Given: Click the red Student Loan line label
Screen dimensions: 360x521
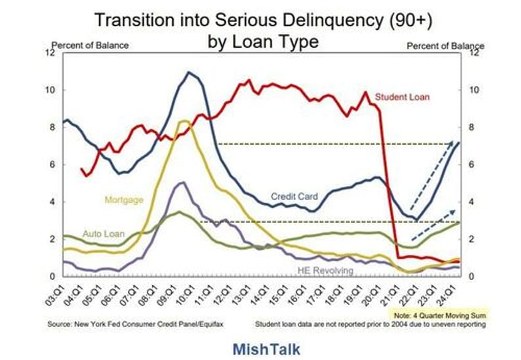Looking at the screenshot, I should click(402, 97).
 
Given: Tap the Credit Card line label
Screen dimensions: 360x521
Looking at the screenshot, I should click(295, 197).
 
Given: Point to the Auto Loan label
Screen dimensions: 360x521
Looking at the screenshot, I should click(103, 234).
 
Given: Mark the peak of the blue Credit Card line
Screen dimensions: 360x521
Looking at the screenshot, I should click(189, 72).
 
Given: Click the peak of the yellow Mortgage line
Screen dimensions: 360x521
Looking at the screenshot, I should click(182, 121).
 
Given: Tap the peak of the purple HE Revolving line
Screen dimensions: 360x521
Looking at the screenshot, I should click(181, 182).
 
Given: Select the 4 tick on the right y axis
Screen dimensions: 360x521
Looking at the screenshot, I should click(472, 202).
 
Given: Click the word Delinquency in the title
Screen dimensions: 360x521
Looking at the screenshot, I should click(318, 20).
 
